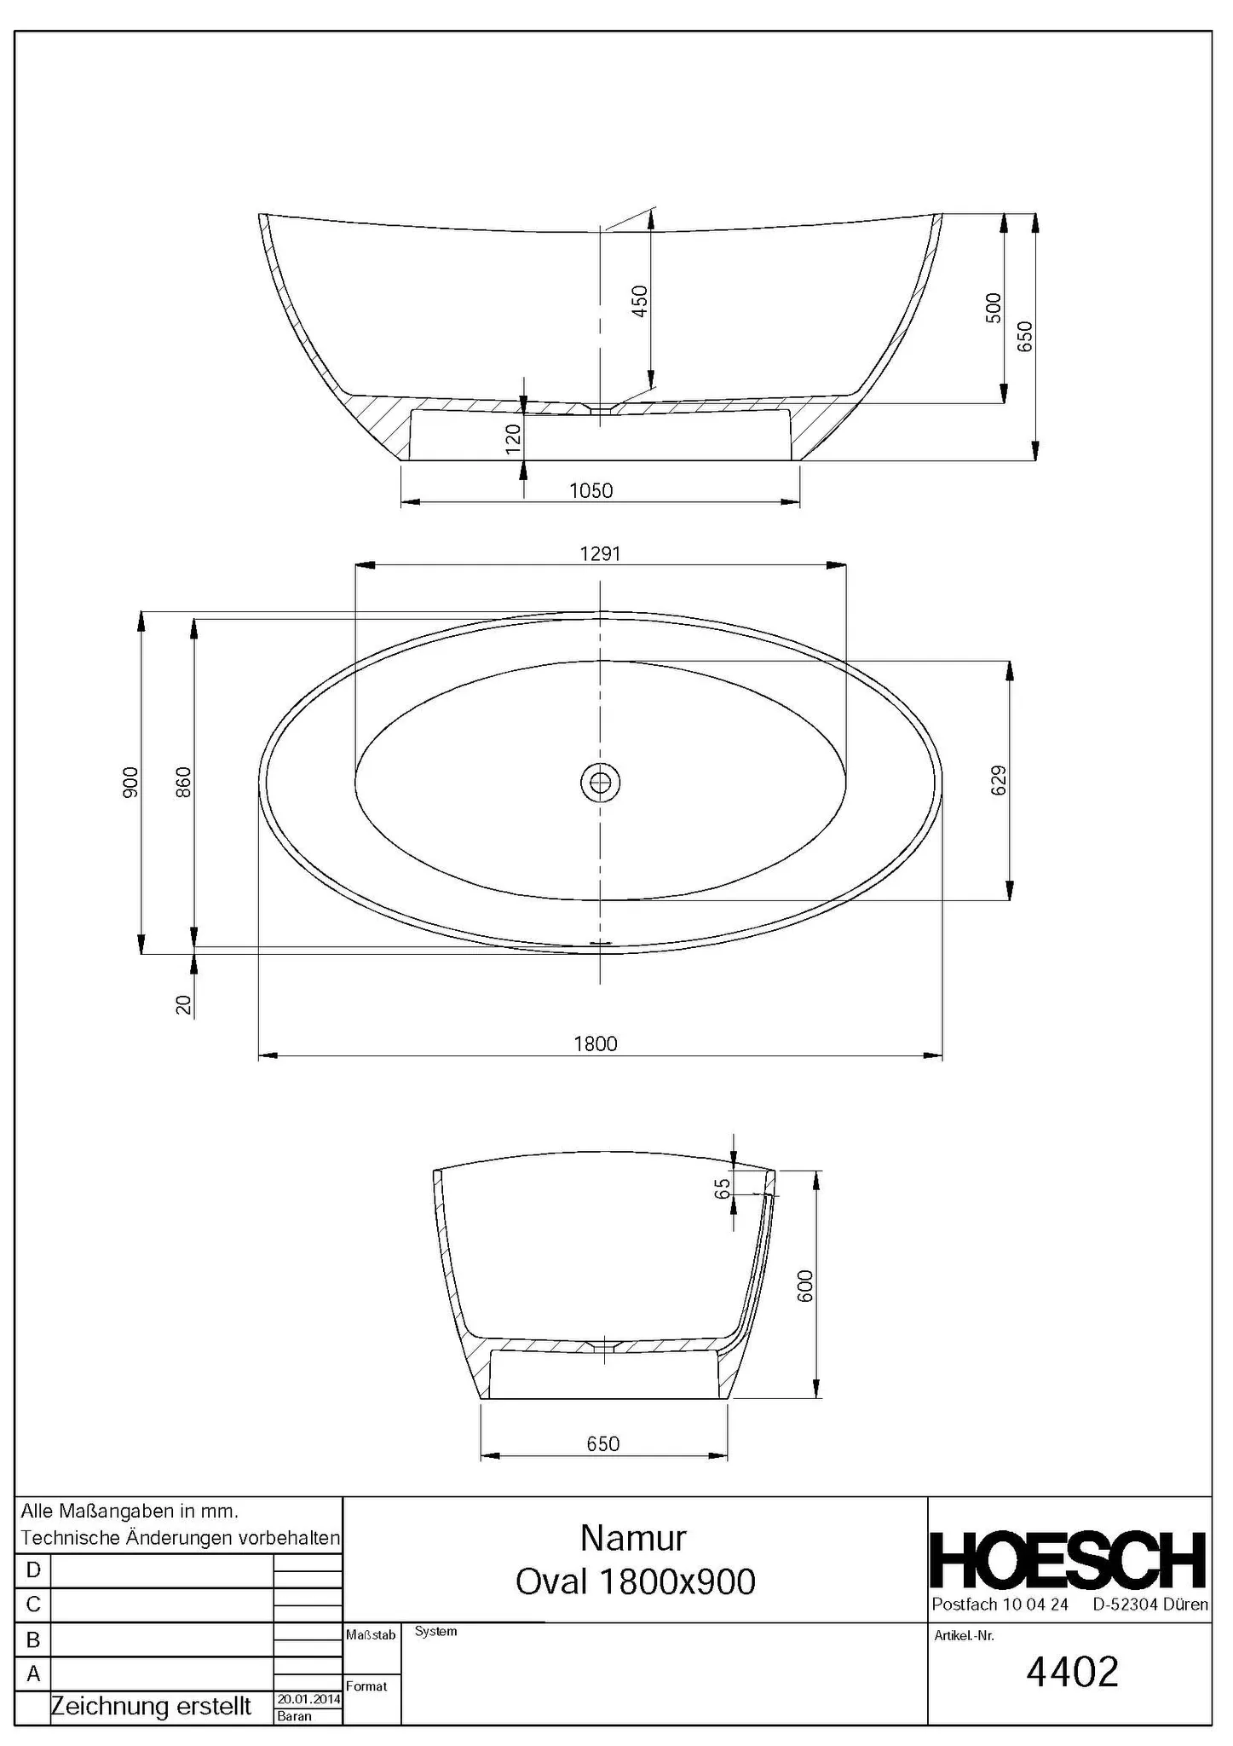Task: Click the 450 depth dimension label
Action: [640, 300]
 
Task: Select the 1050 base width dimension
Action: [591, 491]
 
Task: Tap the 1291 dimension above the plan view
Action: [600, 554]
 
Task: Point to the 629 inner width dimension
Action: [999, 780]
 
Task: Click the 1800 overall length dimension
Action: [595, 1044]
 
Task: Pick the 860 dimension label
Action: [183, 783]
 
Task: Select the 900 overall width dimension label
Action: [130, 783]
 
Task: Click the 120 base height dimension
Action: [513, 439]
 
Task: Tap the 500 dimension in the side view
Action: [994, 308]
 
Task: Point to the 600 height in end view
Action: [805, 1286]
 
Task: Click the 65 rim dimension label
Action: [723, 1188]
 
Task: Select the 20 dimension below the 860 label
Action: [183, 1005]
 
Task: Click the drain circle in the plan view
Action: [600, 781]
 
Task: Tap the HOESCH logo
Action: [1069, 1561]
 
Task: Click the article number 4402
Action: [1072, 1673]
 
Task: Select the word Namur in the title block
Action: [633, 1539]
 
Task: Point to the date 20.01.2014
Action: [308, 1699]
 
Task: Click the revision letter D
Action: [33, 1570]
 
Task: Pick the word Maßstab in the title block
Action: [371, 1635]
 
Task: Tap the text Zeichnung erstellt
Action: [151, 1707]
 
